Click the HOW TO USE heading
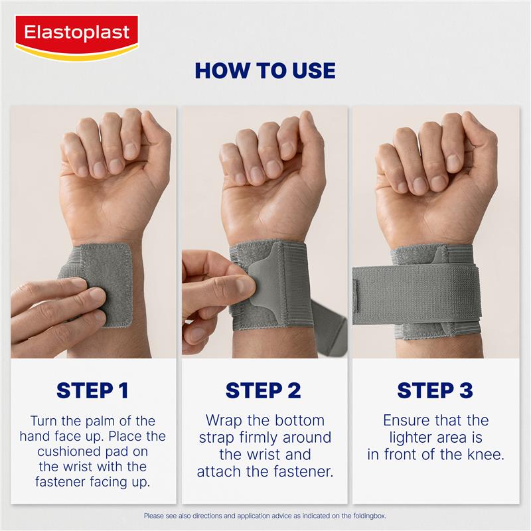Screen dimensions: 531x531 point(265,70)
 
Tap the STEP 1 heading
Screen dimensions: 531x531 point(92,390)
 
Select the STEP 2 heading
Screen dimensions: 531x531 point(264,390)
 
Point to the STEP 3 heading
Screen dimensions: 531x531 point(435,390)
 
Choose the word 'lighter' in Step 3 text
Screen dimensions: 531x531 point(408,438)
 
